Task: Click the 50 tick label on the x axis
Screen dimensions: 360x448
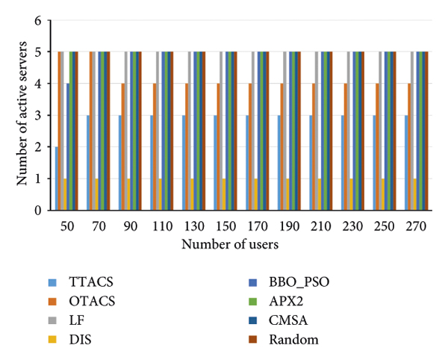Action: click(x=66, y=225)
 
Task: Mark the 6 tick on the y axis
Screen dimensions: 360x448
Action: click(x=37, y=21)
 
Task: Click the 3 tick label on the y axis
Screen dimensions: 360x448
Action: click(x=37, y=116)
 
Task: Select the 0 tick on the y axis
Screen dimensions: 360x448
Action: click(x=37, y=211)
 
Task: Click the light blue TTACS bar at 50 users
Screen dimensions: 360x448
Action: click(x=56, y=179)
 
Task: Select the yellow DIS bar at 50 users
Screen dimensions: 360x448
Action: click(x=66, y=195)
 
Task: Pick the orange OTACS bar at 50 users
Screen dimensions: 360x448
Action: click(x=59, y=131)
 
